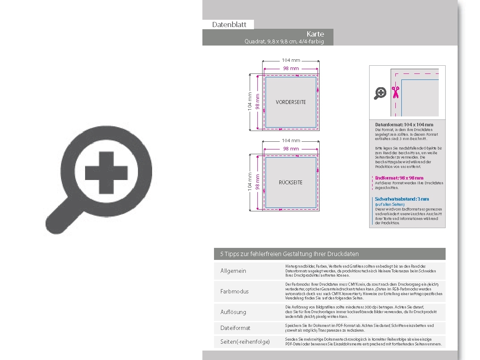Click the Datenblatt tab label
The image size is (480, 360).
[x=229, y=25]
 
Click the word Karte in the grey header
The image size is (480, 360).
[x=315, y=34]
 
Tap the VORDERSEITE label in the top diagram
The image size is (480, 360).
[x=291, y=102]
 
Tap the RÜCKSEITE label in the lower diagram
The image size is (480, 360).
[x=291, y=183]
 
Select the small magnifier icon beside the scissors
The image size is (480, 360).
[x=380, y=93]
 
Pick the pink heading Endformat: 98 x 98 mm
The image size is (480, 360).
[x=399, y=178]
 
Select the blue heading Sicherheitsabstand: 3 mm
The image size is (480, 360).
[x=402, y=199]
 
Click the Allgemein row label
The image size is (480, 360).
[x=233, y=271]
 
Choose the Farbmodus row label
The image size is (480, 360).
[x=235, y=291]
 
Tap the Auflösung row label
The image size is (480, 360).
[x=233, y=312]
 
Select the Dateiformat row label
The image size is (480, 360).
[x=235, y=328]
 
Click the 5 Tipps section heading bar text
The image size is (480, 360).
[x=289, y=254]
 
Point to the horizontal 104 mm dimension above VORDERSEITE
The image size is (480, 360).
[x=291, y=60]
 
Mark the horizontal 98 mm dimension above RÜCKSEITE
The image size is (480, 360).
[x=291, y=149]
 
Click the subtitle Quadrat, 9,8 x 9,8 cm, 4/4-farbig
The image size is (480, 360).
[x=284, y=42]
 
